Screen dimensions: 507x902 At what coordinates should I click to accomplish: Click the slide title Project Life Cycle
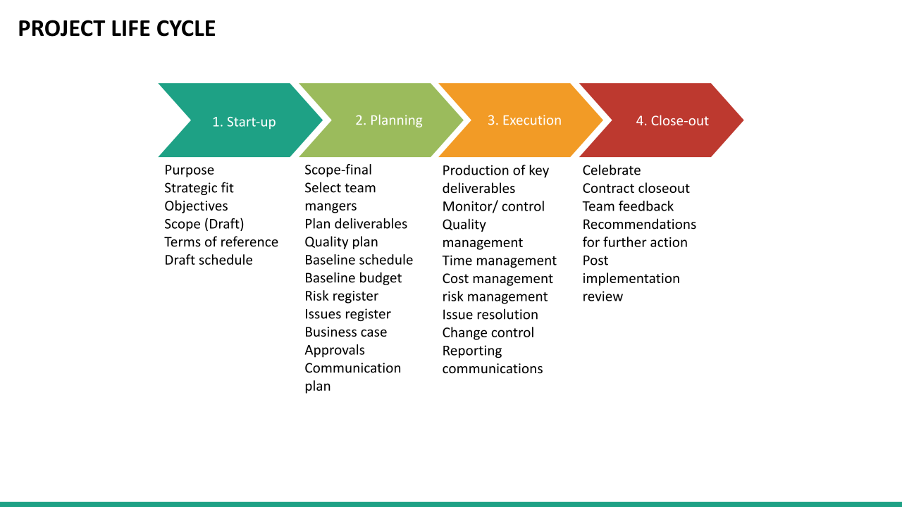(x=116, y=29)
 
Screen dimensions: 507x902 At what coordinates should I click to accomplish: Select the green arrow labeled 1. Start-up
(x=244, y=121)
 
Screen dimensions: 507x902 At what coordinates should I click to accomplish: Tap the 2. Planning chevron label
(x=388, y=120)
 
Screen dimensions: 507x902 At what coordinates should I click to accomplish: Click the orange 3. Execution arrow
(x=524, y=120)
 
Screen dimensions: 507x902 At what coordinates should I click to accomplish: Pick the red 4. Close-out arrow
(x=672, y=120)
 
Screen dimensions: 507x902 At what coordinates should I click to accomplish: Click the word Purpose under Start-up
(x=189, y=170)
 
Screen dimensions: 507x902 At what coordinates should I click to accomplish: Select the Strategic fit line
(x=199, y=188)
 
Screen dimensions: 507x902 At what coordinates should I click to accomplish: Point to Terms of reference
(x=221, y=242)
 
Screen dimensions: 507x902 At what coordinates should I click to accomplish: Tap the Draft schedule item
(x=208, y=260)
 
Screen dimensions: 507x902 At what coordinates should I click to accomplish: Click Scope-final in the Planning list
(x=338, y=170)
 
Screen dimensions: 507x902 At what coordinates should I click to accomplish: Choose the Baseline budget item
(x=353, y=278)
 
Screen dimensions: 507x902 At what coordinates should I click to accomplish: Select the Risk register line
(x=341, y=296)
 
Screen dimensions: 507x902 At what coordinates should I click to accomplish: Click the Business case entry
(x=345, y=332)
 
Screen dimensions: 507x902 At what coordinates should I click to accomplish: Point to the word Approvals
(x=335, y=350)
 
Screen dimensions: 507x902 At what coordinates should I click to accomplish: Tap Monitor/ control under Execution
(x=493, y=206)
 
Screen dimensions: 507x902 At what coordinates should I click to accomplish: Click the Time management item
(x=499, y=261)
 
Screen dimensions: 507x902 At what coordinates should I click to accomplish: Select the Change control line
(x=488, y=332)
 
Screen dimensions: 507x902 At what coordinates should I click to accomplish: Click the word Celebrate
(x=611, y=170)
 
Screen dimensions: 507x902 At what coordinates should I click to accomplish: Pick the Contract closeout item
(x=636, y=188)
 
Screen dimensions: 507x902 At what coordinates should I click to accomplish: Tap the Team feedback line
(x=627, y=206)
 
